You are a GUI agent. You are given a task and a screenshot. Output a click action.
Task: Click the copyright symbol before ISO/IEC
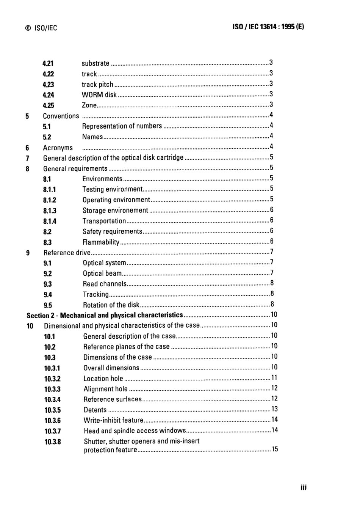(x=28, y=28)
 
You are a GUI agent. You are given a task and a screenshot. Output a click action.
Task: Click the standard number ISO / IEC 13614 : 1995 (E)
(x=268, y=27)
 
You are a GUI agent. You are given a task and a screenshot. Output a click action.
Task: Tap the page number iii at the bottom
(x=304, y=487)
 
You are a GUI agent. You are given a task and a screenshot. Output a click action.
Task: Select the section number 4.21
(x=48, y=63)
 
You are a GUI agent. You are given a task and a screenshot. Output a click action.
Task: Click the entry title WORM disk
(x=99, y=95)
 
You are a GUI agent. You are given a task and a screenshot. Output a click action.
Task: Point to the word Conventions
(x=61, y=116)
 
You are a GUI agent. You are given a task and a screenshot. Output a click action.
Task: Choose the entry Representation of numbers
(x=122, y=126)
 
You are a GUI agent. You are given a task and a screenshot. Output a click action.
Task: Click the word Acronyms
(x=58, y=148)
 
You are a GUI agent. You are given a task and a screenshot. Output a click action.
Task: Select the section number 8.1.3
(x=50, y=211)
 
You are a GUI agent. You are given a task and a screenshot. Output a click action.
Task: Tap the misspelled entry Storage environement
(x=115, y=211)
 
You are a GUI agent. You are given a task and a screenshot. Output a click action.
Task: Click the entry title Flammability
(x=101, y=242)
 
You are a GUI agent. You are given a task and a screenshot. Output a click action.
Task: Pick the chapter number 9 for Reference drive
(x=28, y=253)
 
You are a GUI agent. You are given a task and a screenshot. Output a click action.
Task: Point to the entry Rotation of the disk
(x=111, y=305)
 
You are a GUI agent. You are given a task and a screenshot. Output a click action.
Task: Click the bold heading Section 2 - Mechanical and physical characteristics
(x=105, y=315)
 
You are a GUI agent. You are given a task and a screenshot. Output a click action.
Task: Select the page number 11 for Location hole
(x=274, y=377)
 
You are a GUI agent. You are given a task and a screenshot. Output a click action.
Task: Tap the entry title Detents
(x=95, y=410)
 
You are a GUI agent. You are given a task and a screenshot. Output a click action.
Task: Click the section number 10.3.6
(x=52, y=421)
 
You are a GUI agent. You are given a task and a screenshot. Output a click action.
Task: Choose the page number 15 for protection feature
(x=275, y=449)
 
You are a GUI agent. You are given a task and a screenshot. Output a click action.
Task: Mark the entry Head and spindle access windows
(x=135, y=431)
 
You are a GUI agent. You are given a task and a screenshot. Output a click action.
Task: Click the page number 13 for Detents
(x=275, y=409)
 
